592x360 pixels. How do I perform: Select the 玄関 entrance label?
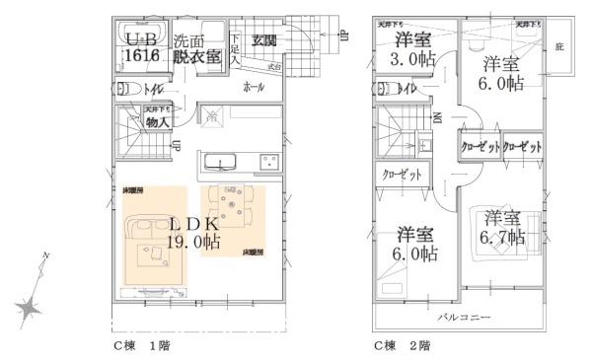(x=262, y=40)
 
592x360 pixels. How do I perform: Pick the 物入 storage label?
(x=156, y=122)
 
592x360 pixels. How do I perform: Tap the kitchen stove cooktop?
(x=266, y=162)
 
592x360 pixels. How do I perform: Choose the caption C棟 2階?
(x=399, y=346)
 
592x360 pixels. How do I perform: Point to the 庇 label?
(x=559, y=46)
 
